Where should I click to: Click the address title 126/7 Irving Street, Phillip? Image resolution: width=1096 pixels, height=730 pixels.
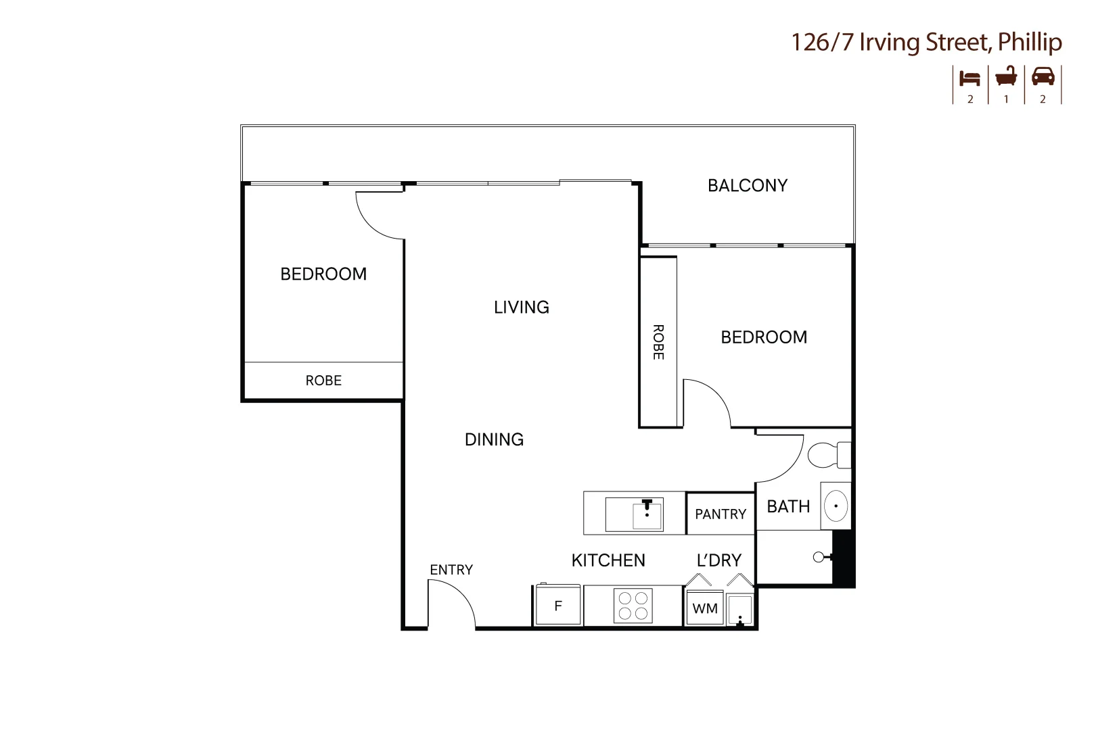(x=926, y=43)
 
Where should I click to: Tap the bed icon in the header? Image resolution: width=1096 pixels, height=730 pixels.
(x=970, y=78)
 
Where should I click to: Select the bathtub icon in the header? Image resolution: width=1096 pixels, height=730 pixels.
(x=1006, y=76)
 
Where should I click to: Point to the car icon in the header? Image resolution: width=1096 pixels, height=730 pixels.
(x=1043, y=76)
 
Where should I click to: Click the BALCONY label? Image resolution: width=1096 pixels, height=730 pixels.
(x=748, y=186)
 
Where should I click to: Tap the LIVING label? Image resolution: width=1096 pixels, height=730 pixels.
(x=521, y=308)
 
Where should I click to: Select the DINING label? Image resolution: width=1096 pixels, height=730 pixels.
(x=494, y=440)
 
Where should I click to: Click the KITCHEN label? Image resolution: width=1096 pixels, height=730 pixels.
(x=608, y=560)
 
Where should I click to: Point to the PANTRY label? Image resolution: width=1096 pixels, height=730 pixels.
(x=721, y=514)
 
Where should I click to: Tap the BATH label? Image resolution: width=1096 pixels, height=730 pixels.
(x=788, y=507)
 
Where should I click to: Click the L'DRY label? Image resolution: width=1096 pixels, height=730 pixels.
(x=719, y=560)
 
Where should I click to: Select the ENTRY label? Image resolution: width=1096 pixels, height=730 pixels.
(x=451, y=570)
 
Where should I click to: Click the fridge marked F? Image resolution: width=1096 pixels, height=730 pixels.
(x=558, y=606)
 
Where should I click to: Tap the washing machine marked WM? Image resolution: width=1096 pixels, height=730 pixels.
(x=705, y=608)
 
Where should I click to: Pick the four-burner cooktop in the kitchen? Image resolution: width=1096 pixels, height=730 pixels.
(x=633, y=606)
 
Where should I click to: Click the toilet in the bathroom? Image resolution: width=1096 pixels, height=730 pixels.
(x=827, y=455)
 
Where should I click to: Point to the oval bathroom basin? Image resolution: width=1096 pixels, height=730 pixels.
(x=836, y=506)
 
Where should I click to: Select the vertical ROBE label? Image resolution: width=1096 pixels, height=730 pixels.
(x=658, y=342)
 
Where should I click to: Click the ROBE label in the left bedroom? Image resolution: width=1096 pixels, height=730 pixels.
(x=323, y=381)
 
